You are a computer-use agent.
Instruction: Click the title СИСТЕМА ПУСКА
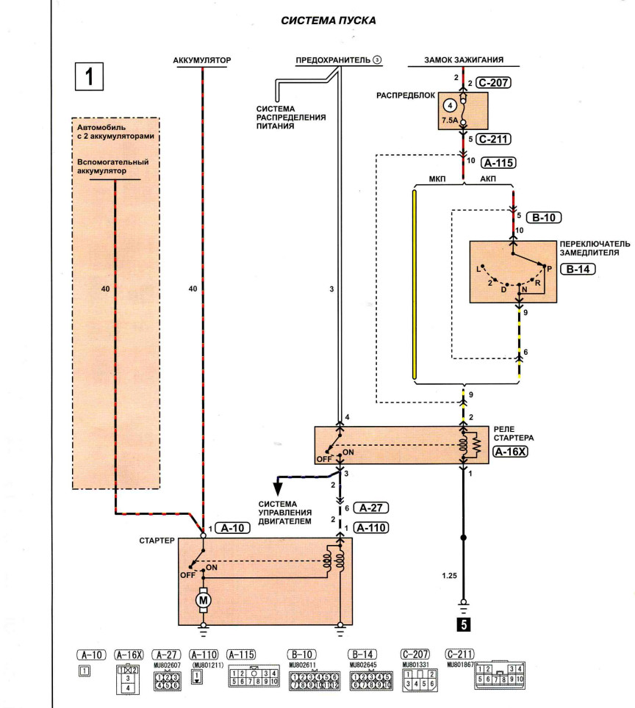[x=328, y=21]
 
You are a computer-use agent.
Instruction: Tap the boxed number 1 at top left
[x=89, y=76]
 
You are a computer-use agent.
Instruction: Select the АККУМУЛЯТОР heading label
[x=202, y=60]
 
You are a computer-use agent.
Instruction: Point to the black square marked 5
[x=463, y=624]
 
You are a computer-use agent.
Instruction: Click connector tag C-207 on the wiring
[x=493, y=83]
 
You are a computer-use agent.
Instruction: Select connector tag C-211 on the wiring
[x=493, y=139]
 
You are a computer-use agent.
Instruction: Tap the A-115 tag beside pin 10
[x=498, y=162]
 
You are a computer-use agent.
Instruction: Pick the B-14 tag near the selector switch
[x=578, y=269]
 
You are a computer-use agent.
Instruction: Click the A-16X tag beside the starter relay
[x=510, y=451]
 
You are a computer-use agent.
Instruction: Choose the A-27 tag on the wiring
[x=370, y=507]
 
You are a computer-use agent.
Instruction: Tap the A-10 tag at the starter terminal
[x=232, y=528]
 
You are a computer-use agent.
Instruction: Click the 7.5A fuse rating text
[x=450, y=120]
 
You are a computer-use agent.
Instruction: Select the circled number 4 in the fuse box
[x=450, y=106]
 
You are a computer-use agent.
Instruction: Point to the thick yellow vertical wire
[x=415, y=284]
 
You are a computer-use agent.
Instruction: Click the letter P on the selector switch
[x=550, y=269]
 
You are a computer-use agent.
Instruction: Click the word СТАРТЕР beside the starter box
[x=157, y=541]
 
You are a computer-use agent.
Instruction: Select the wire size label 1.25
[x=449, y=576]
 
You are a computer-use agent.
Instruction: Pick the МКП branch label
[x=437, y=179]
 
